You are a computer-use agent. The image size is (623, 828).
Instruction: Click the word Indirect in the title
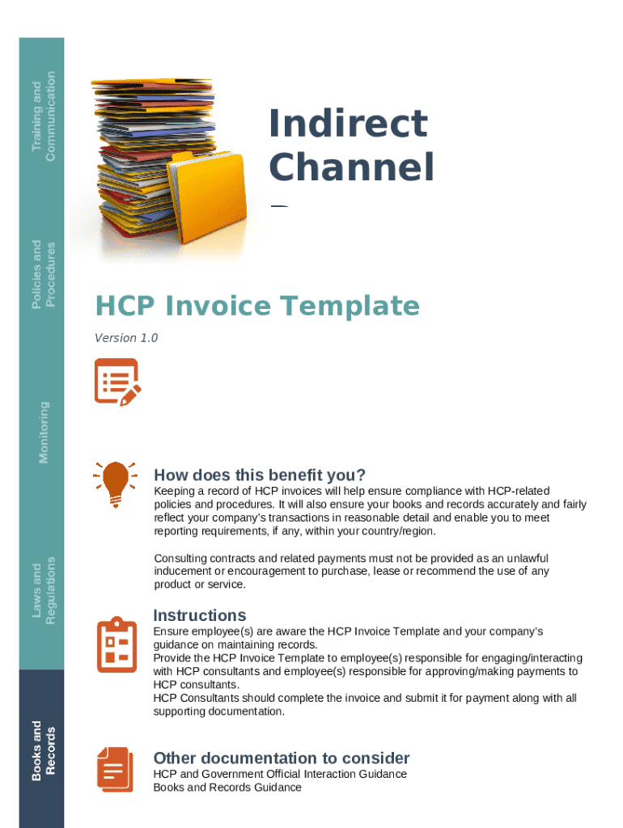(348, 124)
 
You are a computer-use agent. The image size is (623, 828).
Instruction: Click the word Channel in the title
(351, 168)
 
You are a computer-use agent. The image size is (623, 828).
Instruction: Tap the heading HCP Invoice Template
(257, 306)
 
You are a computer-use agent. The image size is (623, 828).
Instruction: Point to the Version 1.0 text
(126, 338)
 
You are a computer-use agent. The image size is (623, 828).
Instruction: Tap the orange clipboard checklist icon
(117, 644)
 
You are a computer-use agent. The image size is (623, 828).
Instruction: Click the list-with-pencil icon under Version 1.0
(117, 382)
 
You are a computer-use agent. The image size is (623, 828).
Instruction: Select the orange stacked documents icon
(114, 768)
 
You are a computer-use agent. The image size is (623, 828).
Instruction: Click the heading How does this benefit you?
(260, 475)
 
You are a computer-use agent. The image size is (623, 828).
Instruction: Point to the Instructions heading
(200, 615)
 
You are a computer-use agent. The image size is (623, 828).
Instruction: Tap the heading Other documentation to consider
(282, 758)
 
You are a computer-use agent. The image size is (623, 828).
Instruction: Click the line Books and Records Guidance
(227, 787)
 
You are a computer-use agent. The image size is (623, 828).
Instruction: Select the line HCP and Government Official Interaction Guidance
(280, 774)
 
